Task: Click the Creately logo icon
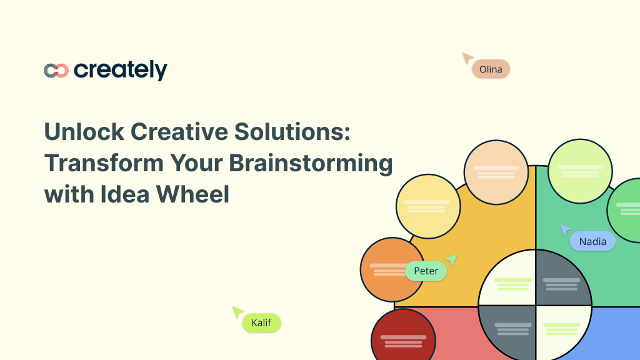click(x=56, y=71)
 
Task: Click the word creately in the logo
click(x=121, y=70)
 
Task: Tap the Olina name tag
click(x=491, y=69)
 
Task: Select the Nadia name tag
click(x=592, y=241)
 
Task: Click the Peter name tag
click(x=426, y=271)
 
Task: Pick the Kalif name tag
click(x=261, y=322)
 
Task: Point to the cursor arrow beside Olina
click(x=467, y=58)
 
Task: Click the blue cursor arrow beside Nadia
click(x=565, y=229)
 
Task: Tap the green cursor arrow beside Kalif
click(x=237, y=311)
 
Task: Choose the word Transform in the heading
click(x=96, y=163)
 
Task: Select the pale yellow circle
click(x=427, y=206)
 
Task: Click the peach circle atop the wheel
click(x=496, y=172)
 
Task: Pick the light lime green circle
click(x=579, y=171)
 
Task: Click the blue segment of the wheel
click(x=616, y=334)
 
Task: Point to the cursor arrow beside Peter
click(x=452, y=259)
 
